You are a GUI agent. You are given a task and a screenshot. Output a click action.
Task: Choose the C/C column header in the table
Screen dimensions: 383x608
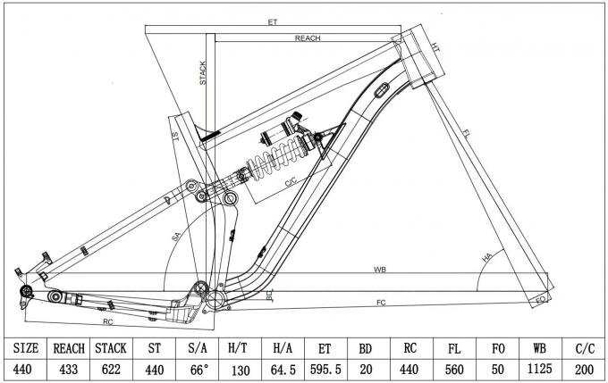(586, 347)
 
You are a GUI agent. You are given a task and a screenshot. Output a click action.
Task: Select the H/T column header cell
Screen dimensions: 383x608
(239, 347)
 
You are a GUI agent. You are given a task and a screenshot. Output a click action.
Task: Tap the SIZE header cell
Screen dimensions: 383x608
(23, 347)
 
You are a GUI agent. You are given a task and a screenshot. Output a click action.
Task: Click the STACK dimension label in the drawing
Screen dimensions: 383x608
(203, 72)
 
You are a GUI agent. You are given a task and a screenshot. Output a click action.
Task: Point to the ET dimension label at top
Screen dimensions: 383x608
(272, 21)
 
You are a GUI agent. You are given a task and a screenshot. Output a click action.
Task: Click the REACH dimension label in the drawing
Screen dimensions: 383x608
(308, 39)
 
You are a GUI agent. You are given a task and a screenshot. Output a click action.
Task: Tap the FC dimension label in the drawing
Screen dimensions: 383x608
(380, 304)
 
